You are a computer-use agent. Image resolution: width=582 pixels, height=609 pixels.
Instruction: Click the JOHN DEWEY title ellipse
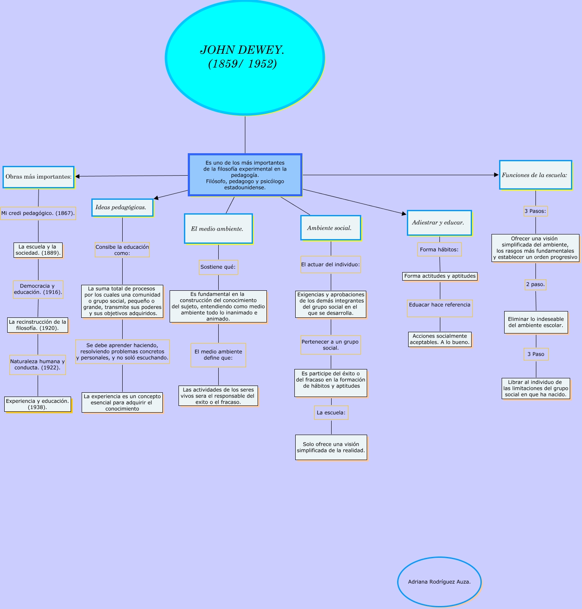pos(244,57)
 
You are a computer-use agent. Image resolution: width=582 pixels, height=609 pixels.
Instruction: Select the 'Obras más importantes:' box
pos(38,177)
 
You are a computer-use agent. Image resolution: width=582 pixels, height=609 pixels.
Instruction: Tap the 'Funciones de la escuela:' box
pos(535,175)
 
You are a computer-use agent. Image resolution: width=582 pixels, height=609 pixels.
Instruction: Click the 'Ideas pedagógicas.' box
pos(122,207)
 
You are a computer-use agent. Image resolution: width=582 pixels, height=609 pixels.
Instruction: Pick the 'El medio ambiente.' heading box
pos(218,229)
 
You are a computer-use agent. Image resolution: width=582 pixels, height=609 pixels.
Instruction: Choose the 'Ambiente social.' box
pos(330,228)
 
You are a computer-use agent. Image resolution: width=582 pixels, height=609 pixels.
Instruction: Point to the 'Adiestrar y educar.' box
pos(439,223)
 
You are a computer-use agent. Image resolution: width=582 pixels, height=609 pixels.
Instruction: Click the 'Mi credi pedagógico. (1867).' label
pos(38,213)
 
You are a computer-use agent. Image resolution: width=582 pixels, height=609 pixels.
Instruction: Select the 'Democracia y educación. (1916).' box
pos(38,289)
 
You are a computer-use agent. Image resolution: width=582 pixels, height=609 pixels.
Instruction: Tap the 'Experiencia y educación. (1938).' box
pos(38,404)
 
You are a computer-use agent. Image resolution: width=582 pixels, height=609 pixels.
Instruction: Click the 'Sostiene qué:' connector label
pos(218,267)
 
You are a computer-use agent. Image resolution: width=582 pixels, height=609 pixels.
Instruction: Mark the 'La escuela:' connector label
pos(331,413)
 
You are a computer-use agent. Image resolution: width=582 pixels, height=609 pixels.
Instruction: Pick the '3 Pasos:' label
pos(535,211)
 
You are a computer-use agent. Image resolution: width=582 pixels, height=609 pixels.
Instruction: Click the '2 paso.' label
pos(535,284)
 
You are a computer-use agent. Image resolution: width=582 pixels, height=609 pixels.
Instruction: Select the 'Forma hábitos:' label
pos(439,250)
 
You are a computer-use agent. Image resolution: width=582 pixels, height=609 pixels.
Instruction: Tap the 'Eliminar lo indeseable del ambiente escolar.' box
pos(536,322)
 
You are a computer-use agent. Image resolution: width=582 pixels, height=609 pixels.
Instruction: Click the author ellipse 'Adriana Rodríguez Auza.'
pos(439,582)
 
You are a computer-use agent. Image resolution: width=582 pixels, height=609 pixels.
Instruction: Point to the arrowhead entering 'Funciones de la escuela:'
pos(497,175)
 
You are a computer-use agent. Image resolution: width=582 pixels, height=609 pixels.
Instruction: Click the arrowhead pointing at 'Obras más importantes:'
pos(77,176)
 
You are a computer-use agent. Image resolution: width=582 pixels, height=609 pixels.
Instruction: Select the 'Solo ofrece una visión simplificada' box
pos(331,447)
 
